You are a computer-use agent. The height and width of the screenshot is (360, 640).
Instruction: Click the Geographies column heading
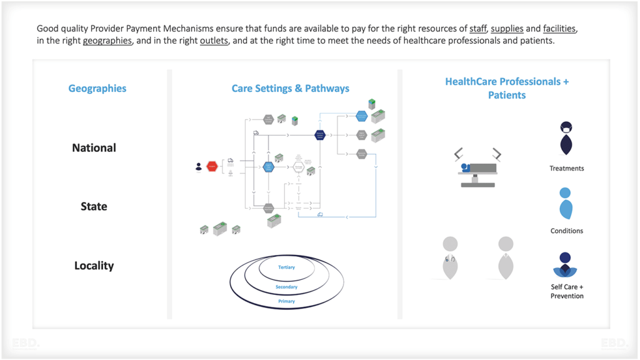[97, 89]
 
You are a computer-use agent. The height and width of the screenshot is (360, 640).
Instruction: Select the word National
[94, 148]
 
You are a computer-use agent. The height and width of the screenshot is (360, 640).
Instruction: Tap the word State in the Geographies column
[94, 207]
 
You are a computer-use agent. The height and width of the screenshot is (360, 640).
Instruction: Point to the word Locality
[94, 266]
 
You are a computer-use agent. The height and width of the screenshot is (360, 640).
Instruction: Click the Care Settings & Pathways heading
[290, 89]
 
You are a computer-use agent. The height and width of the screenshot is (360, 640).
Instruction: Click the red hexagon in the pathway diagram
[212, 167]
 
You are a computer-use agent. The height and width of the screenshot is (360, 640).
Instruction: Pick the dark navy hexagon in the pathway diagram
[320, 134]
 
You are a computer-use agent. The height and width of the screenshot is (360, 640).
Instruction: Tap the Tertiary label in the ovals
[286, 267]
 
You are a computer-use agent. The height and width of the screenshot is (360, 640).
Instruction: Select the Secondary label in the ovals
[286, 287]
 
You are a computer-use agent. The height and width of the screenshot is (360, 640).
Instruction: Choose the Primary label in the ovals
[286, 301]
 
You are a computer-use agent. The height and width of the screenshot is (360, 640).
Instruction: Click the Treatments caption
[566, 168]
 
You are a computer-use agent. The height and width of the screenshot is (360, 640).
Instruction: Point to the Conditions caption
[566, 231]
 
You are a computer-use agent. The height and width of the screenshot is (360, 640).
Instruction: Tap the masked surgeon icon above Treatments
[566, 137]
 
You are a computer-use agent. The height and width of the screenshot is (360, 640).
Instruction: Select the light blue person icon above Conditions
[565, 203]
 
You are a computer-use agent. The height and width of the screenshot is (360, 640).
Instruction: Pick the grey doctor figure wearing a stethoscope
[449, 257]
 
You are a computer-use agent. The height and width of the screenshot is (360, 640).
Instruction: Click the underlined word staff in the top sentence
[477, 29]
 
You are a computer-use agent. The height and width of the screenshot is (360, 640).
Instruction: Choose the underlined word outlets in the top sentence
[214, 41]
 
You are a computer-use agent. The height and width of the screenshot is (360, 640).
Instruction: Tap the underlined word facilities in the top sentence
[559, 29]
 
